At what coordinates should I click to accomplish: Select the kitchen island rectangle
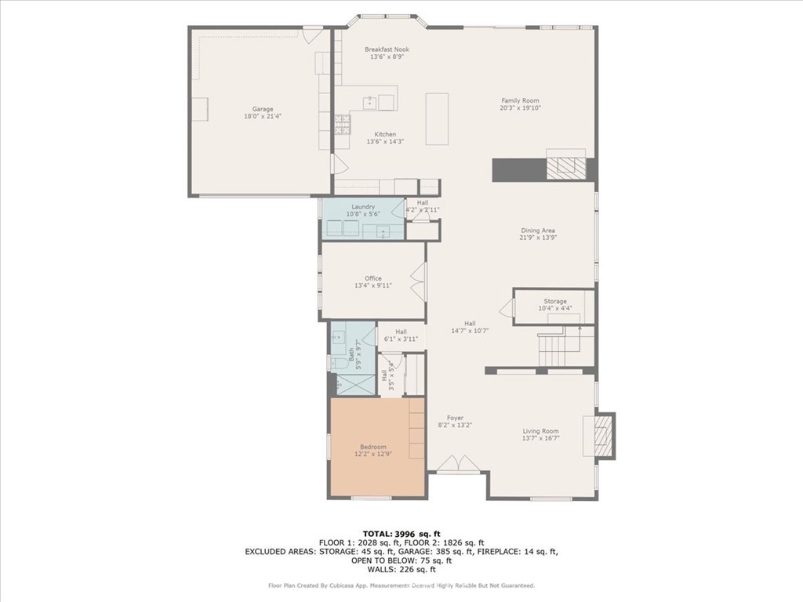pos(437,118)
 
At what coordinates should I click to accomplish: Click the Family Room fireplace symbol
pos(565,169)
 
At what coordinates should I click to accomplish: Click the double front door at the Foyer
pos(458,465)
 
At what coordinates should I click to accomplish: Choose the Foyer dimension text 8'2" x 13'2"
pos(455,425)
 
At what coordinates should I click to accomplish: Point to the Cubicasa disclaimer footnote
pos(401,585)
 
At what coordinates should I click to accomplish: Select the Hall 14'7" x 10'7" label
pos(470,327)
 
